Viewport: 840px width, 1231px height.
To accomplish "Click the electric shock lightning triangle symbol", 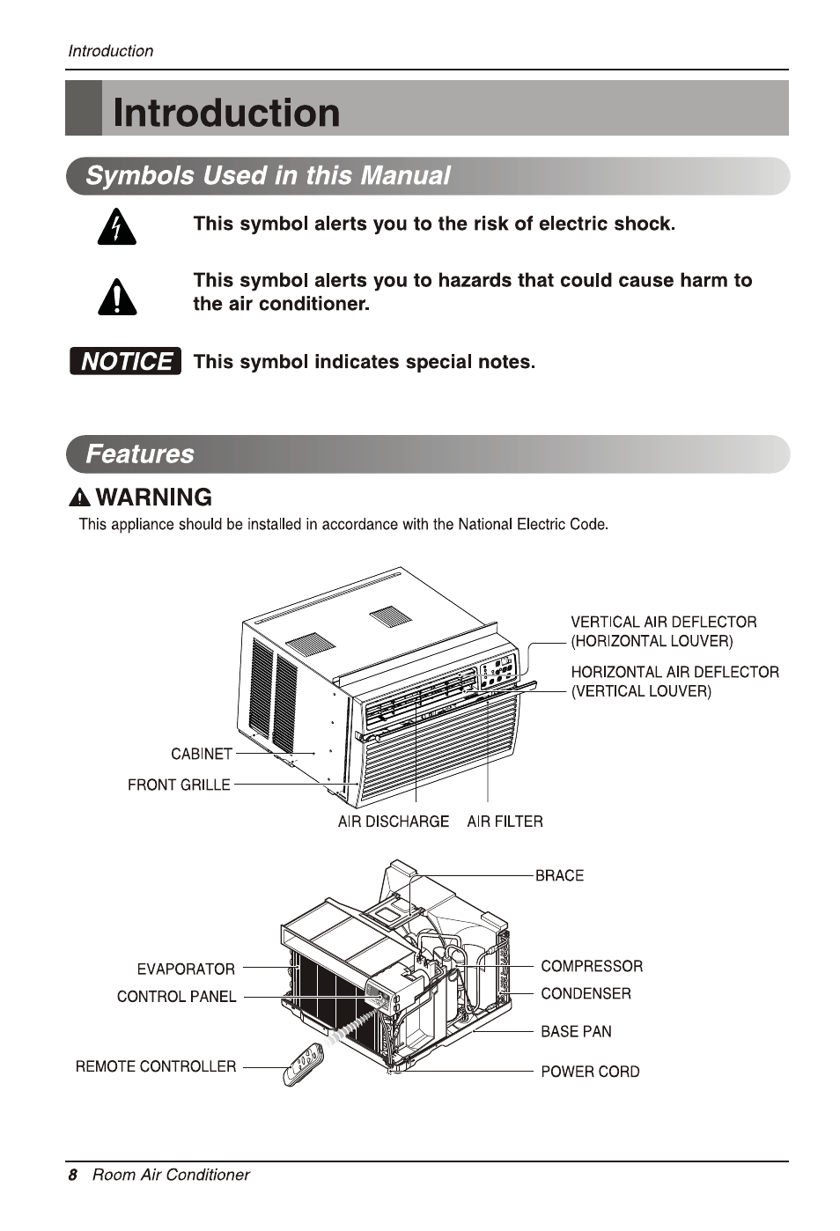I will [x=117, y=227].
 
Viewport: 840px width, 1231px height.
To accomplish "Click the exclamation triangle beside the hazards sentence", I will [x=117, y=297].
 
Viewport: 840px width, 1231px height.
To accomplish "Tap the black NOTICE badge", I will [x=125, y=361].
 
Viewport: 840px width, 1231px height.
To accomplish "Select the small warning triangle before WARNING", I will [x=80, y=498].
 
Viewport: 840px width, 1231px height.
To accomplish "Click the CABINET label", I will [x=202, y=754].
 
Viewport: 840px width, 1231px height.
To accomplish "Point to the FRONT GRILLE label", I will [x=179, y=785].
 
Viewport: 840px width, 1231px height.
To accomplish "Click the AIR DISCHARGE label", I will [x=393, y=822].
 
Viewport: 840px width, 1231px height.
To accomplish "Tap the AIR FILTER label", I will [x=505, y=822].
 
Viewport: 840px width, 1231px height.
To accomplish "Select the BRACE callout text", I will [x=559, y=875].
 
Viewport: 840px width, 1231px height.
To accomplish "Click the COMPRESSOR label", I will [x=592, y=966].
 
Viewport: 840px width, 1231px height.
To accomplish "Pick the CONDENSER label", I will [x=586, y=993].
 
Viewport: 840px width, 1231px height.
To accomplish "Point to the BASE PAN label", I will [x=576, y=1031].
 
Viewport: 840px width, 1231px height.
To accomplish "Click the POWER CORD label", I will [x=590, y=1072].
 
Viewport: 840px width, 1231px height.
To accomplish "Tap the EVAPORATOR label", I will [x=186, y=969].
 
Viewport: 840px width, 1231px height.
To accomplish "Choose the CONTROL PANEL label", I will [x=176, y=997].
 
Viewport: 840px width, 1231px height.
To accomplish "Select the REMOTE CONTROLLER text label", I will [x=156, y=1066].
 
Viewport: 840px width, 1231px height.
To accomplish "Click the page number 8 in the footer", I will [x=73, y=1175].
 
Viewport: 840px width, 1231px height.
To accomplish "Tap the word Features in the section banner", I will [x=140, y=454].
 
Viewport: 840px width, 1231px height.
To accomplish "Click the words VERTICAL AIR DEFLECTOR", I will [x=663, y=622].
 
